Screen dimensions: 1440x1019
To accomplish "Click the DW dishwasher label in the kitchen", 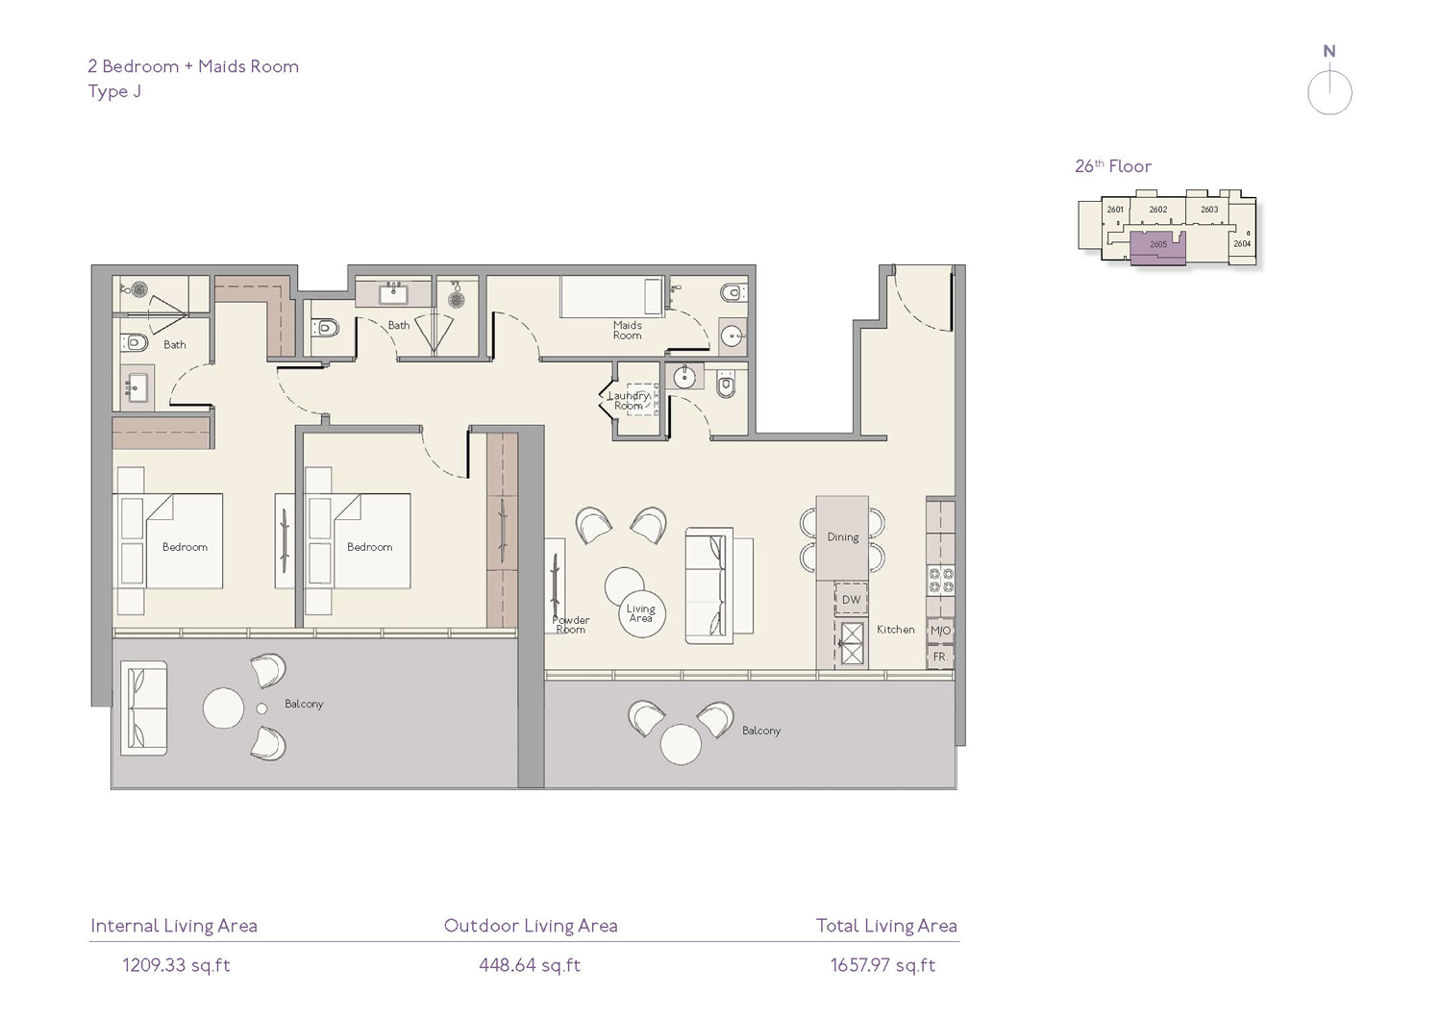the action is pyautogui.click(x=851, y=600).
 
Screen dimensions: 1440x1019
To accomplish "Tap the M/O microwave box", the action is pyautogui.click(x=940, y=631).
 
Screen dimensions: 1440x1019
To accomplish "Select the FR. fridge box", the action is pyautogui.click(x=940, y=657).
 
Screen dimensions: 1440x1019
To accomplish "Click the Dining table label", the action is pyautogui.click(x=843, y=536).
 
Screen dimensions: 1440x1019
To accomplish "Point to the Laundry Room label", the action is pyautogui.click(x=629, y=401).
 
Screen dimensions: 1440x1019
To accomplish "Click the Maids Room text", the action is pyautogui.click(x=627, y=330).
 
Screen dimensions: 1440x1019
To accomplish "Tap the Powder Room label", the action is pyautogui.click(x=570, y=624).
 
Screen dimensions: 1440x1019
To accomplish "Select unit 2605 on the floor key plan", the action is pyautogui.click(x=1158, y=244).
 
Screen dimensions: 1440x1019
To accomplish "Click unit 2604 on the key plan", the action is pyautogui.click(x=1242, y=243).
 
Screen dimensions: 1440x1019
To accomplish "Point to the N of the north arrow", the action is pyautogui.click(x=1329, y=51).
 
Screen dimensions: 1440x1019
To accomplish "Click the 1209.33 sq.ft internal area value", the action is pyautogui.click(x=176, y=965).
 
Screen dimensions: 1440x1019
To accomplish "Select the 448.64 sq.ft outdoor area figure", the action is pyautogui.click(x=530, y=965).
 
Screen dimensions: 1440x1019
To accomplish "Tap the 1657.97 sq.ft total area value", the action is pyautogui.click(x=882, y=965).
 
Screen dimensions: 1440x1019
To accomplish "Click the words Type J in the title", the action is pyautogui.click(x=114, y=91).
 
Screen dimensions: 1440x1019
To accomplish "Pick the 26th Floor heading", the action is pyautogui.click(x=1113, y=166).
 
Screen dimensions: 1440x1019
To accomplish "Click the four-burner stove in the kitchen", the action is pyautogui.click(x=940, y=580).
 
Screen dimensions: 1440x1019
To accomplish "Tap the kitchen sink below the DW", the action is pyautogui.click(x=851, y=643).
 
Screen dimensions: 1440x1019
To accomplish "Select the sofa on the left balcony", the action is pyautogui.click(x=143, y=708).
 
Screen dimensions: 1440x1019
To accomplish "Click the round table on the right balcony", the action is pyautogui.click(x=681, y=744).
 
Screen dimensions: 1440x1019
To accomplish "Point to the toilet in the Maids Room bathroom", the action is pyautogui.click(x=732, y=294).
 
